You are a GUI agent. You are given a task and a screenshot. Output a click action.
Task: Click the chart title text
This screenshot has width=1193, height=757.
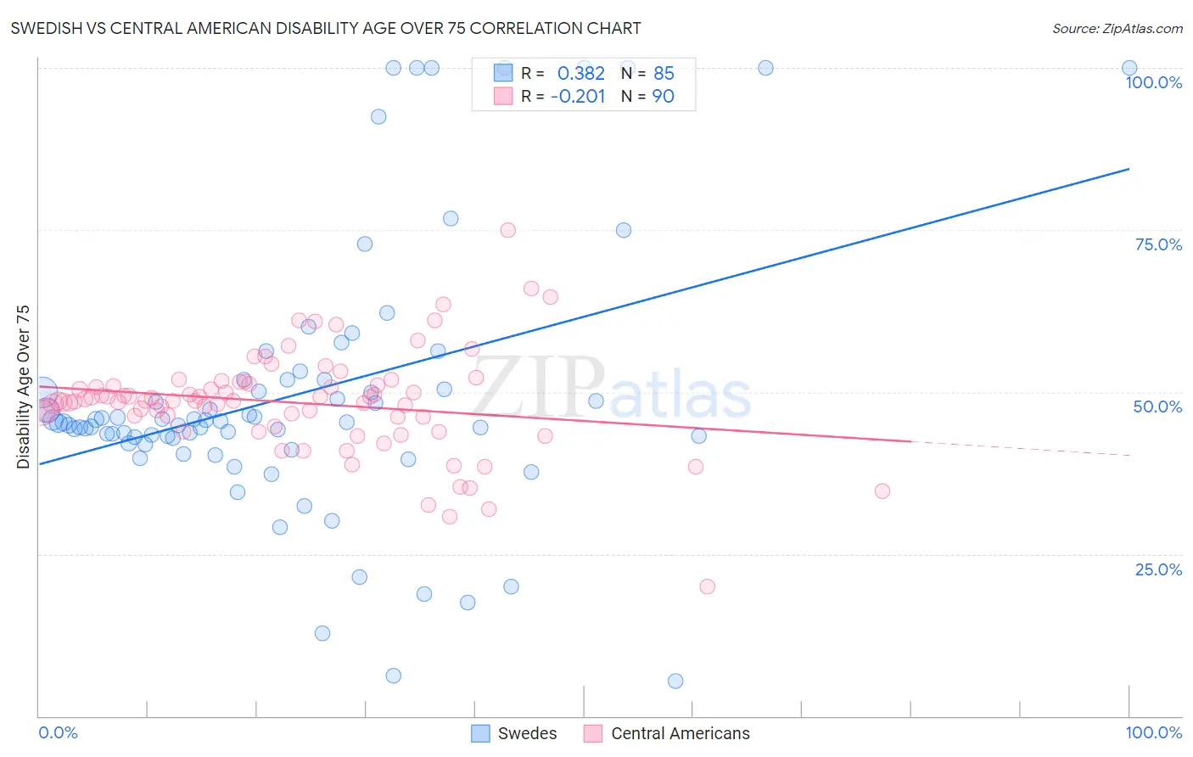coord(326,28)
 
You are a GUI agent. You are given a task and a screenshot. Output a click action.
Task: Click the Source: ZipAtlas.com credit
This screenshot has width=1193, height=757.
coord(1117,29)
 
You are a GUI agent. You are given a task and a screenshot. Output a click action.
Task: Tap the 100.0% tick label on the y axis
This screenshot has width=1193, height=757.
coord(1153,82)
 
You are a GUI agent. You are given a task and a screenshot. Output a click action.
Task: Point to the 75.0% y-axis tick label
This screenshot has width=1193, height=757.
coord(1158,244)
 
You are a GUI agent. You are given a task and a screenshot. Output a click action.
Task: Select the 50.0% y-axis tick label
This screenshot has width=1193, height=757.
coord(1157,407)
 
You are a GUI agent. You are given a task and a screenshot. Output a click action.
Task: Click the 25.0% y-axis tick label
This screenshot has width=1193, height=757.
coord(1158,569)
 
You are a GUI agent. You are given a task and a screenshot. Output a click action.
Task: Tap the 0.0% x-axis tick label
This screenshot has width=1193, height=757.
coord(58,732)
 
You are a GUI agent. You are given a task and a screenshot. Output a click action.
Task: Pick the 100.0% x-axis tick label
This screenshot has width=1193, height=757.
coord(1153,732)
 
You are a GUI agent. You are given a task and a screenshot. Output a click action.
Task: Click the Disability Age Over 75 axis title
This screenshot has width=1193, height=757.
coord(24,387)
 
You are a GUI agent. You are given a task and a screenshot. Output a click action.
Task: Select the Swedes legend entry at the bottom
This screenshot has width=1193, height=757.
coord(514,733)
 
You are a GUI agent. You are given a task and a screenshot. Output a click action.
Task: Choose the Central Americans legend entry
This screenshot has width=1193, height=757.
coord(668,733)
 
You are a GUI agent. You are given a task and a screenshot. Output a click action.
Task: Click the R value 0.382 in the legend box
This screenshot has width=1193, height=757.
coord(580,73)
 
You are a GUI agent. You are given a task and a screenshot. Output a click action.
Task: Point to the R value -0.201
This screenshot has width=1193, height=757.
coord(578,96)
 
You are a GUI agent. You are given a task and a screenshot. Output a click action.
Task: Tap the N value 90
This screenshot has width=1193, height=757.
coord(663,96)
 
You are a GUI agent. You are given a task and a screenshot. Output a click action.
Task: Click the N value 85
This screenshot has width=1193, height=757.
coord(664,73)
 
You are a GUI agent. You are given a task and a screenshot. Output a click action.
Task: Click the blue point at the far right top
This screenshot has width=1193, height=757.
coord(1129,68)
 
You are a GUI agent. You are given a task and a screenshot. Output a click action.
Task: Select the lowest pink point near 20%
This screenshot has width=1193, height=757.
coord(707,586)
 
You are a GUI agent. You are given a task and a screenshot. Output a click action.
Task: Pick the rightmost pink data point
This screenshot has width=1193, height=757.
coord(882,491)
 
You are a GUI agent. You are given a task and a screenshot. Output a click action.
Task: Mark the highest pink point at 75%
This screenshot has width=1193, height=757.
coord(508,230)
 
